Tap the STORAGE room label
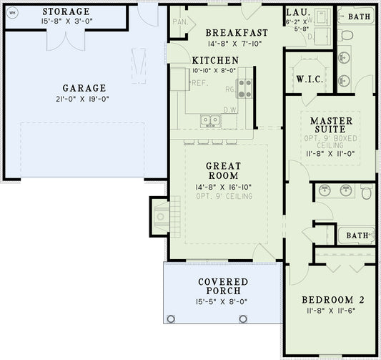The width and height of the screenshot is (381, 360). (66, 11)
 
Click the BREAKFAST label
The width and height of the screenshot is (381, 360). (237, 33)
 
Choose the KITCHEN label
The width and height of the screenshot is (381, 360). (216, 60)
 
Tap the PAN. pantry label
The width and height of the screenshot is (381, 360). (180, 22)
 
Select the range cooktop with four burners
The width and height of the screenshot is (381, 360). (245, 88)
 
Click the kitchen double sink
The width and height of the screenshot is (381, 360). (210, 120)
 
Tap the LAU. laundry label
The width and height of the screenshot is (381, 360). (297, 12)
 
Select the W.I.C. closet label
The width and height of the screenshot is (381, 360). (308, 78)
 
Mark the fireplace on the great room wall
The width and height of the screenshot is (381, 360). (159, 214)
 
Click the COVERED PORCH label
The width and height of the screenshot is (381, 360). (223, 286)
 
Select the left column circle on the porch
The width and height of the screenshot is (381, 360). (171, 318)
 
